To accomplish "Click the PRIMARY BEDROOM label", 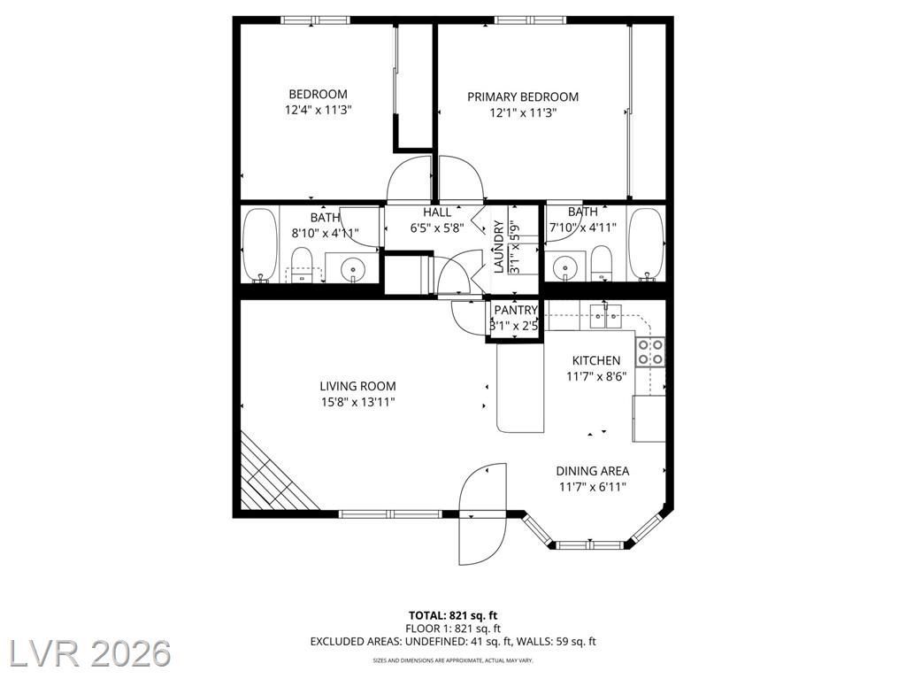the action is point(523,97).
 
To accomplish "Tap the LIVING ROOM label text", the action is point(357,386).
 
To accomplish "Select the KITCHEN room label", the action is point(596,361).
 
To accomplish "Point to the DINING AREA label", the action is point(592,471).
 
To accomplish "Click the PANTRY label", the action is point(516,311).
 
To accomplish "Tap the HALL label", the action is point(437,212).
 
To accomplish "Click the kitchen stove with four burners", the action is point(650,352).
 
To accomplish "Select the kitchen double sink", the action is point(605,316).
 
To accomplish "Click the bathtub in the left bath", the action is point(260,244).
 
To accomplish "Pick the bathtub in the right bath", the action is point(646,244).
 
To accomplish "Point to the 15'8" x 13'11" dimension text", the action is point(358,402).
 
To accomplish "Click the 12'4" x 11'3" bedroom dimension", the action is point(319,110).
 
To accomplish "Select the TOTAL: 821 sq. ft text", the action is point(453,615).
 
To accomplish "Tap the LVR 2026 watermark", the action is point(86,653).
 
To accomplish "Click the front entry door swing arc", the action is point(483,513).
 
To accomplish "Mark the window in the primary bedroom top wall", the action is point(531,20).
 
